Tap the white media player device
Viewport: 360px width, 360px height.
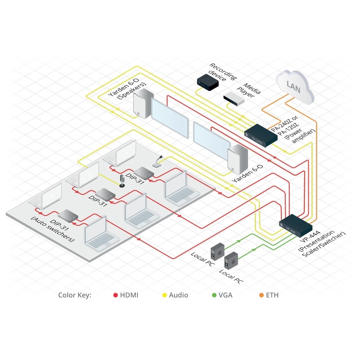point(234,98)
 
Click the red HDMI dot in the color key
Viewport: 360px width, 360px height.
point(116,295)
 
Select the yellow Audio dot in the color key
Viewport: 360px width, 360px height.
point(164,295)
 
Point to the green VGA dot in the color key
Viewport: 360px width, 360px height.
point(214,295)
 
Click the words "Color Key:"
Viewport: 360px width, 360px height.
point(75,295)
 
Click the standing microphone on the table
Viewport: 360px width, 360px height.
point(122,180)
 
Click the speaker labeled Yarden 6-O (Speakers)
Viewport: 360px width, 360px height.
point(143,104)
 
